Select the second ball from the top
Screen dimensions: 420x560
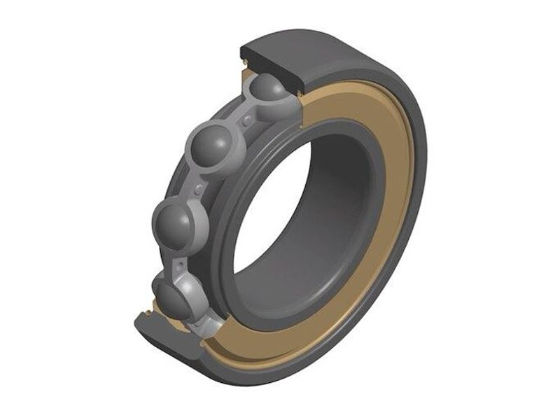tap(213, 144)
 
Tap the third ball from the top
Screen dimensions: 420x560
tap(171, 223)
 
